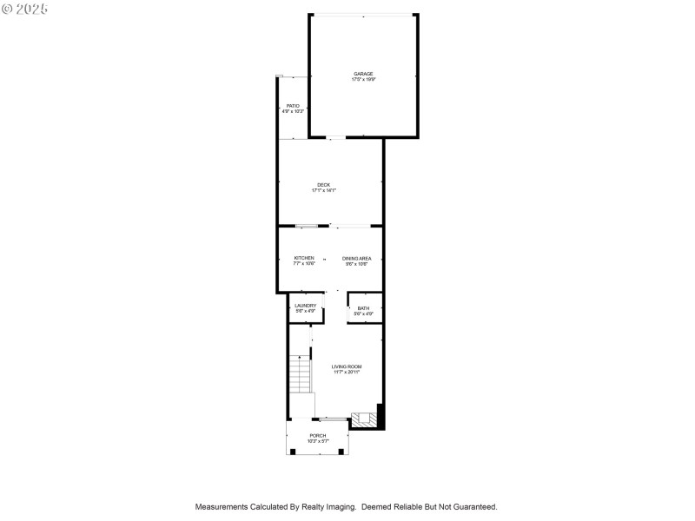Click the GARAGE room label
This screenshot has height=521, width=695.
363,73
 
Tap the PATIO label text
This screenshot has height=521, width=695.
293,106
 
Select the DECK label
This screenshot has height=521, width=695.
323,184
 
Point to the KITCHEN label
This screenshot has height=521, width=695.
304,258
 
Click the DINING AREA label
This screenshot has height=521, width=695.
356,258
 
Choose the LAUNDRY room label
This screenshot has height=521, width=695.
305,305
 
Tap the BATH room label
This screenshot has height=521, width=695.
363,307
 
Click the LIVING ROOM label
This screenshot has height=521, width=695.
347,366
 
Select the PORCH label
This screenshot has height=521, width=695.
318,435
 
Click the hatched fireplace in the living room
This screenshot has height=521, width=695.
364,419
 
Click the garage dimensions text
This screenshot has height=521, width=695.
363,79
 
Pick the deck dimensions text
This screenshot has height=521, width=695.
323,190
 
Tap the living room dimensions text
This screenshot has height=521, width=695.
347,373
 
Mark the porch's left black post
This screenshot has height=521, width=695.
293,452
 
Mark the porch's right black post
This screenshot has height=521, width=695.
343,452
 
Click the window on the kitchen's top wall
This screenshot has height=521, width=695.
307,227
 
